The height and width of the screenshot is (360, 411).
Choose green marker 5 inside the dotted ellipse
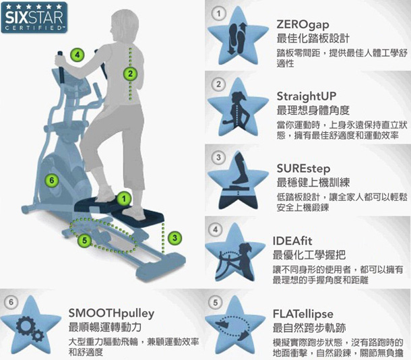tap(84, 239)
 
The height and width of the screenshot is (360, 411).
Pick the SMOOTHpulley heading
tap(112, 313)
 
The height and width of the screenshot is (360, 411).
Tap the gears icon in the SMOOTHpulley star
tap(32, 330)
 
